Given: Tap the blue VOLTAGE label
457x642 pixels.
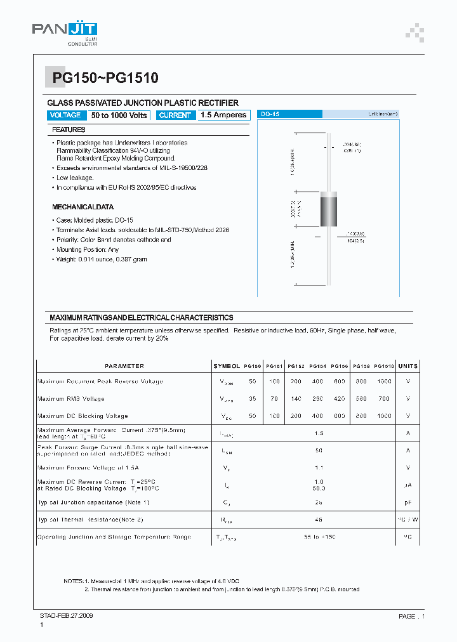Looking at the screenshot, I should coord(65,115).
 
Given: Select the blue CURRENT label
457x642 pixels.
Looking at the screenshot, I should coord(175,115).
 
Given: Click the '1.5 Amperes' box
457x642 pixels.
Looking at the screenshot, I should coord(223,115).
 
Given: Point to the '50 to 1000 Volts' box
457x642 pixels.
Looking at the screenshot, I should coord(119,115).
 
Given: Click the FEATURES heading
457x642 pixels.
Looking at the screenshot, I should coord(69,130).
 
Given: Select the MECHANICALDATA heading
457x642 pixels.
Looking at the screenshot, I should coord(83,207).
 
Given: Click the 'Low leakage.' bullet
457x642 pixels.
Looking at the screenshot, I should coord(75,178).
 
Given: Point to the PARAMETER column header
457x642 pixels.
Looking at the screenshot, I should coord(124,366).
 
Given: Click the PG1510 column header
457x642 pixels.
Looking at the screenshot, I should coord(384,366).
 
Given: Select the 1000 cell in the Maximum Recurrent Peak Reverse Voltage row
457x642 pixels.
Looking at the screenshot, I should coord(384,382).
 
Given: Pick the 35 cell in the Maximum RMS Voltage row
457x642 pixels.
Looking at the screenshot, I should coord(253,399).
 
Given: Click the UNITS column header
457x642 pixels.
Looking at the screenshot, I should coord(408,366).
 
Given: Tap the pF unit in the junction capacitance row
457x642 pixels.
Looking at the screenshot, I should coord(408,502).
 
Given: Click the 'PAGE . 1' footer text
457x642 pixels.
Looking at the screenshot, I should coord(411,616).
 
